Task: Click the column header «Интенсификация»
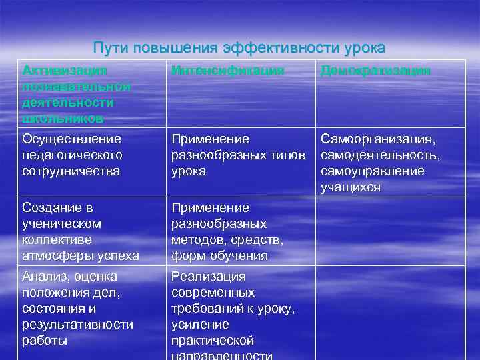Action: (x=228, y=71)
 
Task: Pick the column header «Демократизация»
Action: (x=375, y=71)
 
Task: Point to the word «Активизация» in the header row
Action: (x=64, y=71)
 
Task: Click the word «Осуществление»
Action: (x=71, y=139)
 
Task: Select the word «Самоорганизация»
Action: (x=378, y=139)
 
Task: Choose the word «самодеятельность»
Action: (x=380, y=155)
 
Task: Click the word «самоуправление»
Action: (x=372, y=171)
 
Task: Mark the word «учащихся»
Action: (x=350, y=187)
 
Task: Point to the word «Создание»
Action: (x=51, y=208)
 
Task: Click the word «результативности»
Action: (x=77, y=325)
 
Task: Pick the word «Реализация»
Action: (x=209, y=277)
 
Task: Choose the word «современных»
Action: (x=213, y=293)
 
